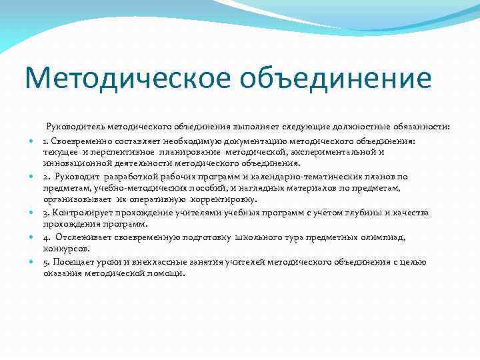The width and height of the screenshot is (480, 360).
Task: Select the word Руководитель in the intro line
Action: pyautogui.click(x=90, y=126)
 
